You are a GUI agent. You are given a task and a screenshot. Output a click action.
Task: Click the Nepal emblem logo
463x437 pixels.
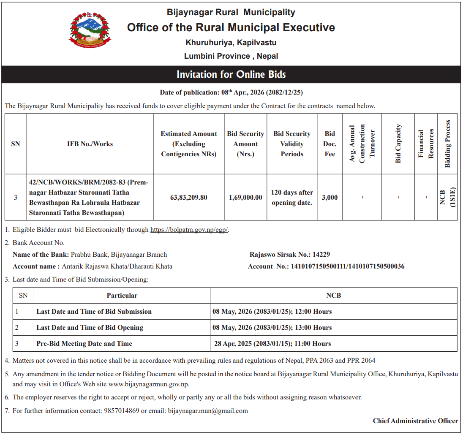pos(90,30)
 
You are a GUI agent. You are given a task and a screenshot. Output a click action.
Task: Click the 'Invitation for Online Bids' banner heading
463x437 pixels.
pos(231,75)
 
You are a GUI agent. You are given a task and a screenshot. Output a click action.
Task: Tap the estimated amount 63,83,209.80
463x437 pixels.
pos(189,197)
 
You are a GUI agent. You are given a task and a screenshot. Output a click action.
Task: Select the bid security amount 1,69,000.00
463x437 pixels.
pos(245,197)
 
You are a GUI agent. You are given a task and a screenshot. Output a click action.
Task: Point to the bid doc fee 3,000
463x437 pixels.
pos(330,197)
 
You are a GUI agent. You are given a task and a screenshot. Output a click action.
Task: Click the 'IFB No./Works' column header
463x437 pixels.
pos(90,144)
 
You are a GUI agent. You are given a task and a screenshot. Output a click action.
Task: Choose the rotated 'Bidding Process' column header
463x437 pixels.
pos(448,144)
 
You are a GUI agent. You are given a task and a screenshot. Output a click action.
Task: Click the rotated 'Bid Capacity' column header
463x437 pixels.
pos(398,144)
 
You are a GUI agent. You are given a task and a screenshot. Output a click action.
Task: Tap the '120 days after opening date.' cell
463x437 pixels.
pos(292,197)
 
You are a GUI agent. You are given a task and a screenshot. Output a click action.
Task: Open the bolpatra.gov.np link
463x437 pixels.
pos(189,230)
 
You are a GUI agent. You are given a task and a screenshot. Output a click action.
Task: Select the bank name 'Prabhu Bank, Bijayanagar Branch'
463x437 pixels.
pos(119,255)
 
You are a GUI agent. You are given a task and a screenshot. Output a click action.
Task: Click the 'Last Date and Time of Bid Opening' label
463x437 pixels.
pos(90,328)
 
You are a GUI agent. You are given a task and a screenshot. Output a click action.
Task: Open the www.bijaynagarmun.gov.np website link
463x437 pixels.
pos(148,384)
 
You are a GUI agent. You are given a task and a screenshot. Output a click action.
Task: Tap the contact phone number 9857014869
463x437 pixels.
pos(121,410)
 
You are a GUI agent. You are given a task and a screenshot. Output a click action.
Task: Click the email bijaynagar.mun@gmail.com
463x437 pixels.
pos(208,410)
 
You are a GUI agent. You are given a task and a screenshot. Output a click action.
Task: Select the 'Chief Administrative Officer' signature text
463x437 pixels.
pos(415,421)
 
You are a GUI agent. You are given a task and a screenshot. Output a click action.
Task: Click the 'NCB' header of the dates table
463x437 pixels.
pos(333,296)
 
